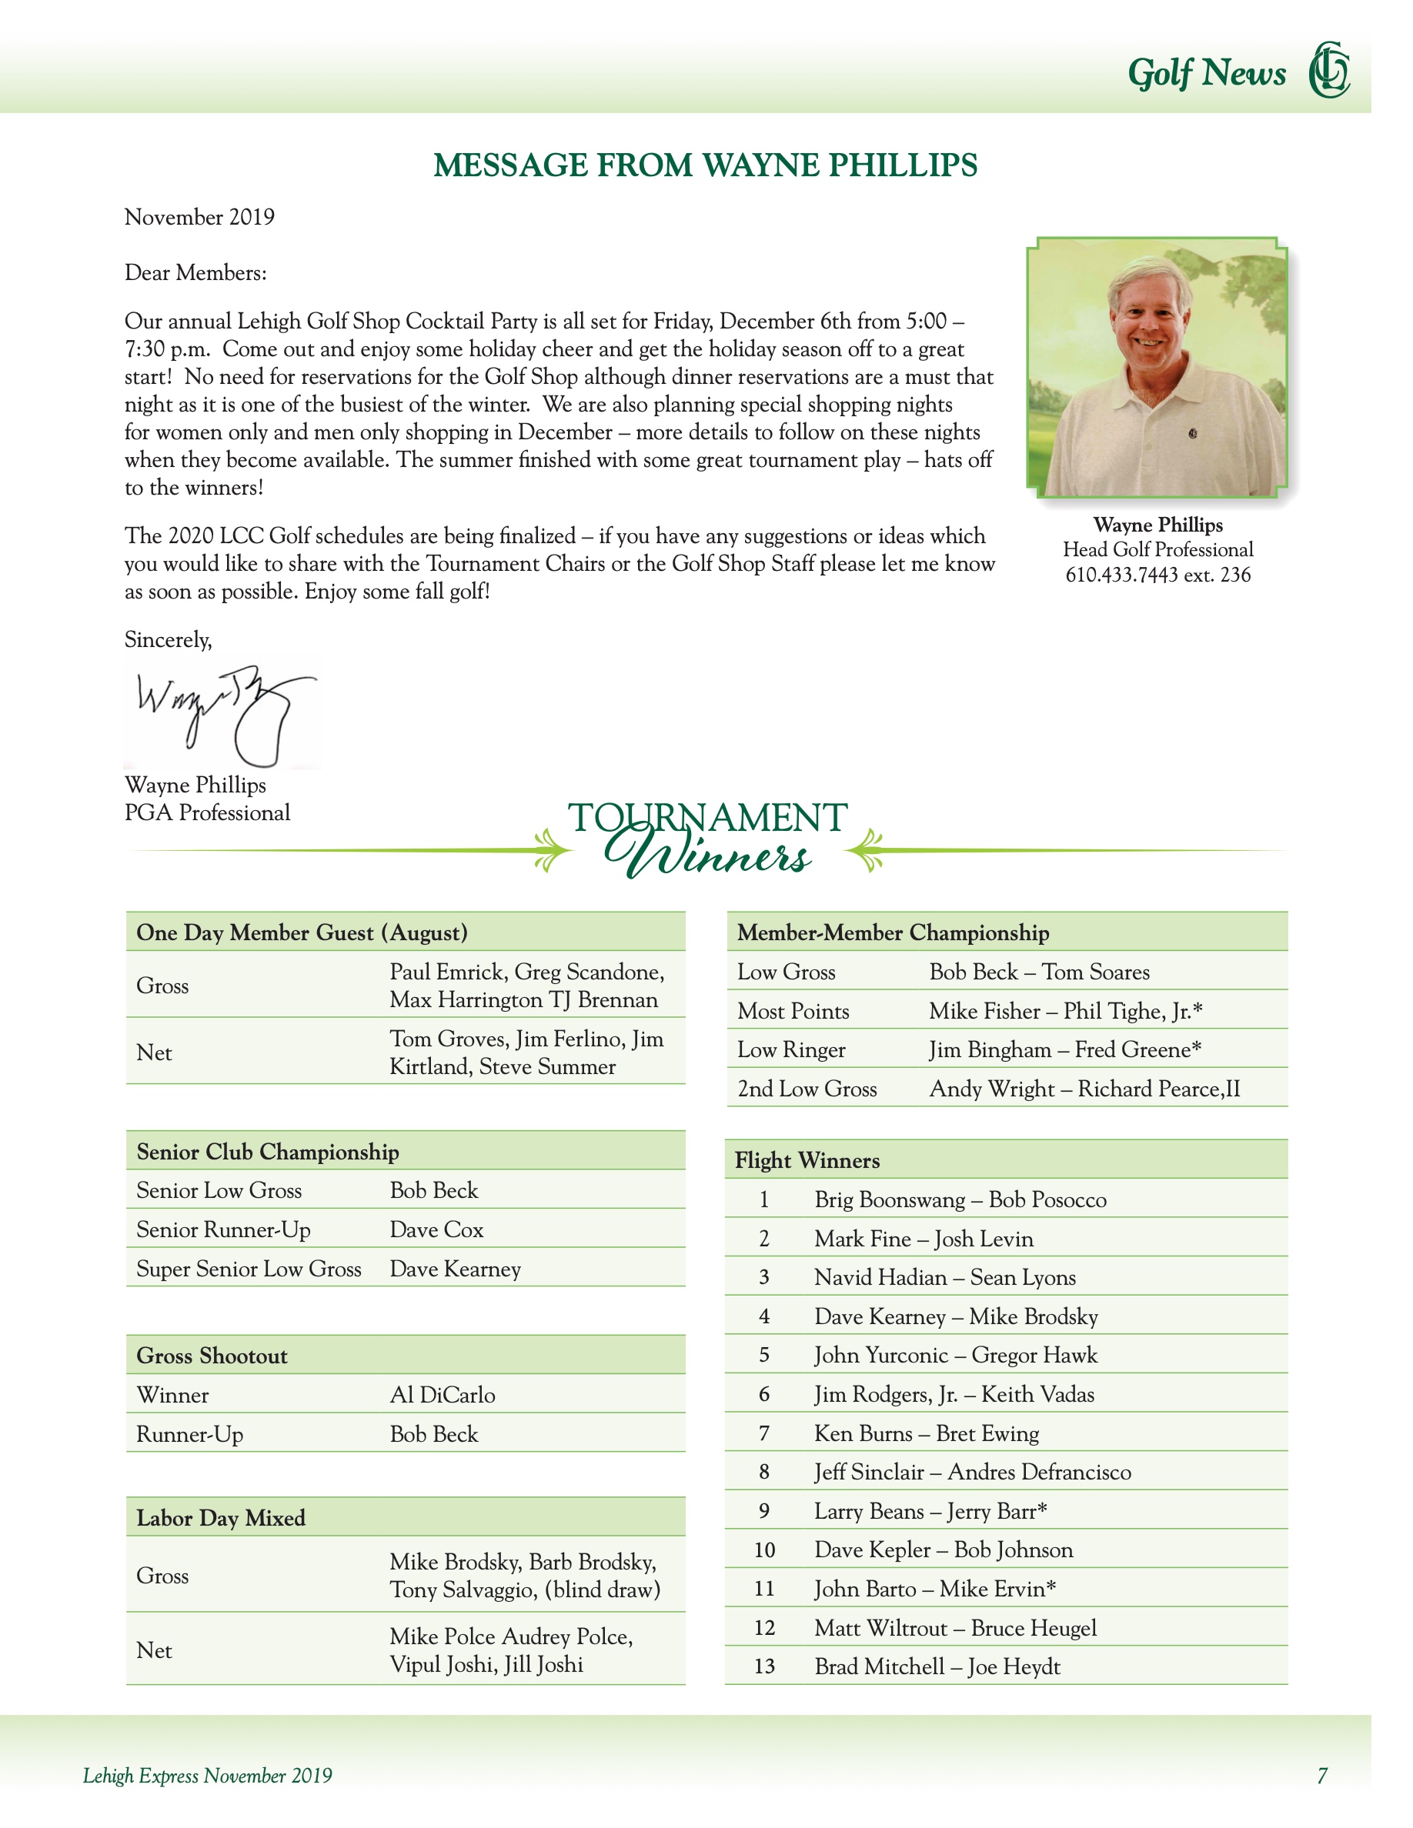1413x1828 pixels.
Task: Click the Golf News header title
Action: click(x=1206, y=74)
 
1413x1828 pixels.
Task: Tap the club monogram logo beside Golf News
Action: click(x=1329, y=70)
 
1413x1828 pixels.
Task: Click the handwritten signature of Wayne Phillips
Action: click(x=222, y=712)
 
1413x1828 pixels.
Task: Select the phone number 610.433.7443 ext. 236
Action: click(x=1157, y=575)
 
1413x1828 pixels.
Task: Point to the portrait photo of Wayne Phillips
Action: click(x=1157, y=368)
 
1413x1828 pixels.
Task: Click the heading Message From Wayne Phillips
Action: click(x=705, y=165)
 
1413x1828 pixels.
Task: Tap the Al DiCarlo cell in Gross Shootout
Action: click(x=442, y=1396)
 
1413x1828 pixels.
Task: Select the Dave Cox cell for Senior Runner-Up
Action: click(x=436, y=1229)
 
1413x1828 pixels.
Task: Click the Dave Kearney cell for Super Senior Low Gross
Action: click(x=456, y=1269)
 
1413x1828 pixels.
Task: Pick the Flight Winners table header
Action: click(x=807, y=1160)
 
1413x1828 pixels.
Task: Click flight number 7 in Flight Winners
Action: click(x=763, y=1434)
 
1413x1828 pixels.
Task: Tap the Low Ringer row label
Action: click(x=791, y=1049)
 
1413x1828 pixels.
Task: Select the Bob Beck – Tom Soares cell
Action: click(x=1039, y=972)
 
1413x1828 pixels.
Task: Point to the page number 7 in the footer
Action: click(x=1321, y=1775)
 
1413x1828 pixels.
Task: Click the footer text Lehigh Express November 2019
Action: click(x=208, y=1775)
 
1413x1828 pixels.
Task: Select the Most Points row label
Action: click(x=793, y=1011)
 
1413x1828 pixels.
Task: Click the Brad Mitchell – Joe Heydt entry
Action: click(x=937, y=1666)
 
